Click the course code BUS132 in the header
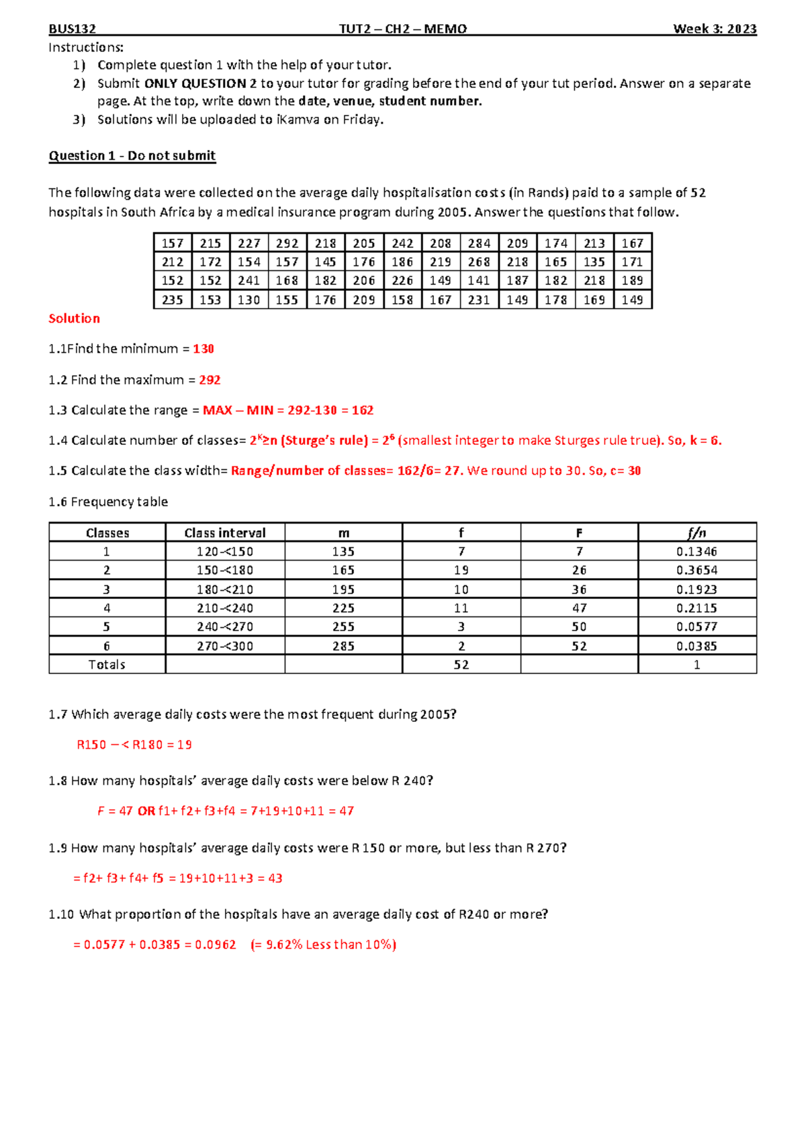(x=72, y=29)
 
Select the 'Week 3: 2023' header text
(x=715, y=29)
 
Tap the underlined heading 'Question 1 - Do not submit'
(x=132, y=156)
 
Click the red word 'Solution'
(x=74, y=319)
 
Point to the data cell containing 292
(x=287, y=243)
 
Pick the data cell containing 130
(x=249, y=300)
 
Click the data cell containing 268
(x=479, y=262)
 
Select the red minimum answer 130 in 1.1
(x=204, y=349)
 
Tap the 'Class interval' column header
(x=225, y=533)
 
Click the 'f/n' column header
(x=697, y=533)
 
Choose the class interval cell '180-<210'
(x=225, y=589)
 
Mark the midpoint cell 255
(x=343, y=627)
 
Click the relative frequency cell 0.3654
(x=697, y=571)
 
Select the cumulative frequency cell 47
(x=579, y=608)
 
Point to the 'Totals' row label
(x=107, y=665)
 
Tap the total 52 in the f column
(x=461, y=665)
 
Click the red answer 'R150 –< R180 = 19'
(x=134, y=745)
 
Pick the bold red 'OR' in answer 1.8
(x=146, y=811)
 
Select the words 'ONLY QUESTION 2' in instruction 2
(x=195, y=84)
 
